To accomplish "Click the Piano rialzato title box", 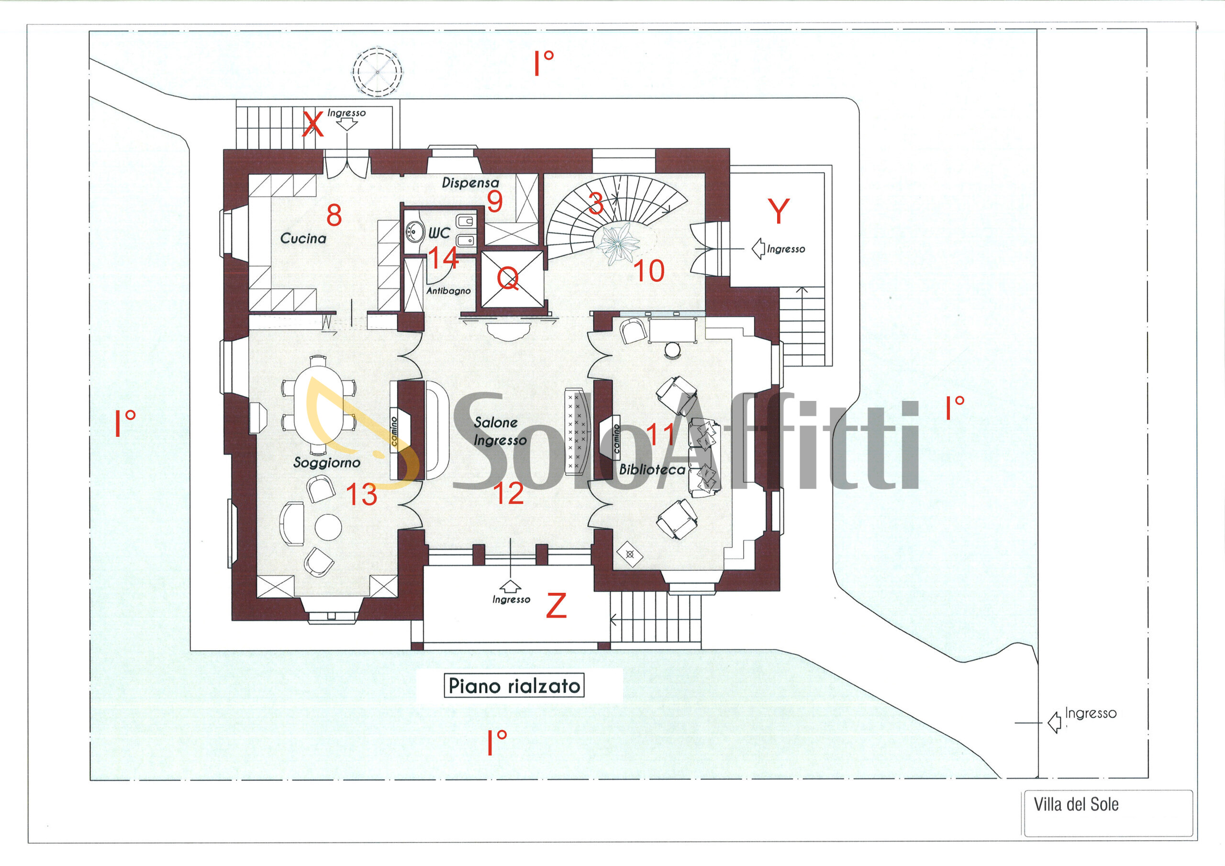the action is coord(514,686).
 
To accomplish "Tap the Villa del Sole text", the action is coord(1076,804).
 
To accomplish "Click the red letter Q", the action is coord(507,278).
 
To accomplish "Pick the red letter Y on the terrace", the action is coord(779,211).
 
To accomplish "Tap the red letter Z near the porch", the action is coord(556,606).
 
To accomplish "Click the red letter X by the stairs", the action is coord(313,124).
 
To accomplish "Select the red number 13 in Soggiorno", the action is coord(362,495).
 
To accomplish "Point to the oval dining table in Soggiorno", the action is coord(319,406).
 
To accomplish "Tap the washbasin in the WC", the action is coord(413,231).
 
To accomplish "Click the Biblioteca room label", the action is coord(652,469).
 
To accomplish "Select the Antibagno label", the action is coord(448,291).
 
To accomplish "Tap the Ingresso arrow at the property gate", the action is coord(1054,722).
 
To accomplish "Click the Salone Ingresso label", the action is coord(500,432).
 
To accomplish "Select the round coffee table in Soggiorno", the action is coord(328,527).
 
